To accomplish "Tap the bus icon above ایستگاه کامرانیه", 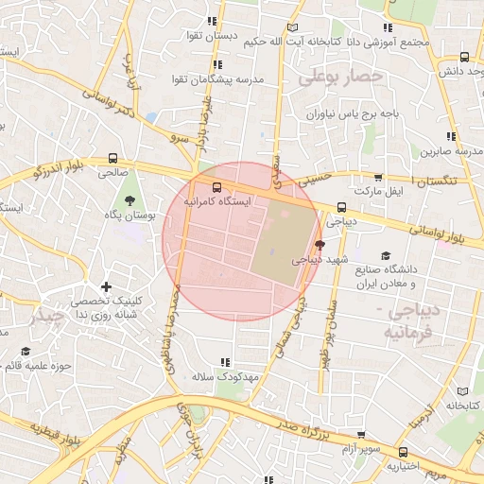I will [216, 187].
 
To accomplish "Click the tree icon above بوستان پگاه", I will [129, 199].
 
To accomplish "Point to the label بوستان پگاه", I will [130, 216].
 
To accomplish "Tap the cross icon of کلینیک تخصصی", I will [107, 286].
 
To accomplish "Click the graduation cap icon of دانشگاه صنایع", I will [385, 255].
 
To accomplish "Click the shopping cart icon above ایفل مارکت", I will [379, 177].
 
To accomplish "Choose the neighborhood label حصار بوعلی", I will [340, 77].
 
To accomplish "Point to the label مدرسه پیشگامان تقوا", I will [218, 78].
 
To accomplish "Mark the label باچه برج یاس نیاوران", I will [340, 113].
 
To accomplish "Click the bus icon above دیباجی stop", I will [341, 207].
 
